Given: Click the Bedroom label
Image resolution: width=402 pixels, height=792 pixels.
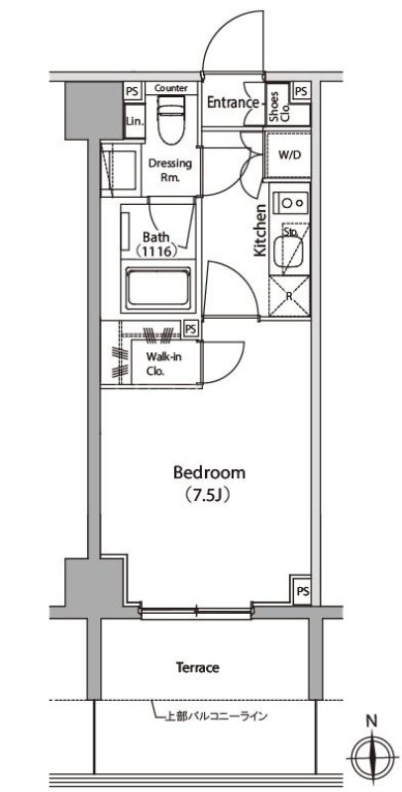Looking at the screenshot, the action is tap(209, 473).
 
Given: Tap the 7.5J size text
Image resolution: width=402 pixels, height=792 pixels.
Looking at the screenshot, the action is tap(206, 494).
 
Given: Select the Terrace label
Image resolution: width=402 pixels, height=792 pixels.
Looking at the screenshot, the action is tap(197, 667).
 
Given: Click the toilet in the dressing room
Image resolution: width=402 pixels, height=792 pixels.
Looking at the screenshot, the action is tap(171, 120).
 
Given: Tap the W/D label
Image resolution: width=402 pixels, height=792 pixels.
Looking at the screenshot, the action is tap(289, 155).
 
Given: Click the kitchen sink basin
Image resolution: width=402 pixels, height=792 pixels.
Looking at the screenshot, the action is tap(287, 252).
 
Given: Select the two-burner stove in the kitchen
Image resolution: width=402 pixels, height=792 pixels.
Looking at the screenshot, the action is tap(289, 203).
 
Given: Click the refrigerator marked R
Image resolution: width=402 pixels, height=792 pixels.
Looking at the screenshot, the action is tap(289, 296).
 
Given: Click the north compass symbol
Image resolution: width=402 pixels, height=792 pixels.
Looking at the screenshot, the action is tap(372, 757).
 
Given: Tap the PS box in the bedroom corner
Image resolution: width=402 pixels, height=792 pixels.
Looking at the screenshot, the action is tap(302, 591).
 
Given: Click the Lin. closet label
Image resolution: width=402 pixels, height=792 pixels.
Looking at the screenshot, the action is tap(135, 121).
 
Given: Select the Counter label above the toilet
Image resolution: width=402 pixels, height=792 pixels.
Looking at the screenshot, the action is tap(171, 88).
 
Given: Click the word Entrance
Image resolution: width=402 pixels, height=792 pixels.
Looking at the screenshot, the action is tap(233, 103).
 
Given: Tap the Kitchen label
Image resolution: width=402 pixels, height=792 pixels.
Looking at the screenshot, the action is tap(259, 230).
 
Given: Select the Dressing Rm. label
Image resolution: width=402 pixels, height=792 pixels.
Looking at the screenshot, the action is tap(169, 169).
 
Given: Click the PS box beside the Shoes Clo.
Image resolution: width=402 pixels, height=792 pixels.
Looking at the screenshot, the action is tap(301, 91).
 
